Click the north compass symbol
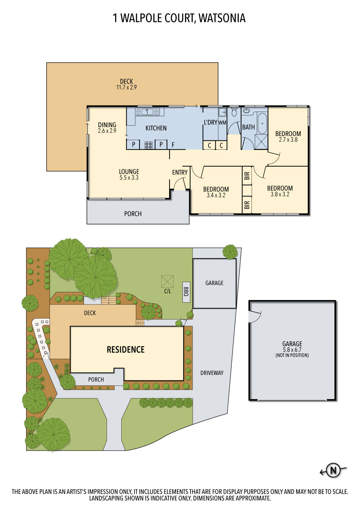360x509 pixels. (333, 470)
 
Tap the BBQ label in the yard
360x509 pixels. (186, 291)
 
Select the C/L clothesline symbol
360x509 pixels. (167, 282)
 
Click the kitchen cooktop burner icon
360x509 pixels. (148, 145)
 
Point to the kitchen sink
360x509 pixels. (147, 111)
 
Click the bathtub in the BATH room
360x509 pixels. (262, 124)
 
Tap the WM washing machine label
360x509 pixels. (222, 122)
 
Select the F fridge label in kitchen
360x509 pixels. (173, 145)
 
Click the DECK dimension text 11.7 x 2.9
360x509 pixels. (126, 87)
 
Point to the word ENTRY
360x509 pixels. (180, 172)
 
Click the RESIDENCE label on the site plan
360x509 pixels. (126, 350)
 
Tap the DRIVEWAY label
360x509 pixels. (212, 373)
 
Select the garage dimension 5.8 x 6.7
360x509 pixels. (292, 350)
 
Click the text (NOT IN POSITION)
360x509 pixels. (292, 355)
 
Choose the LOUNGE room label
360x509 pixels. (129, 172)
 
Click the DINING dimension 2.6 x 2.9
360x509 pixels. (107, 131)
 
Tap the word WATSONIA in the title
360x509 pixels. (222, 18)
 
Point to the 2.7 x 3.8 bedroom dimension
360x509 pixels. (288, 139)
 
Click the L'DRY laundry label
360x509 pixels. (210, 122)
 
